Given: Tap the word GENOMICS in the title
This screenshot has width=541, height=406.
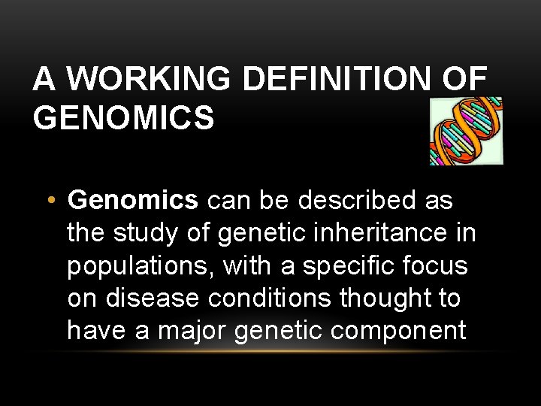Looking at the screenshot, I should click(x=124, y=118).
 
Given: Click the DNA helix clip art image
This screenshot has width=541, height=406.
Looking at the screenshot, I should click(x=465, y=131).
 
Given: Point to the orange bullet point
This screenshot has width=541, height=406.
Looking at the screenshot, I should click(x=50, y=201).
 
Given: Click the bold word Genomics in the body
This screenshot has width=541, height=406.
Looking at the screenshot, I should click(x=133, y=201).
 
